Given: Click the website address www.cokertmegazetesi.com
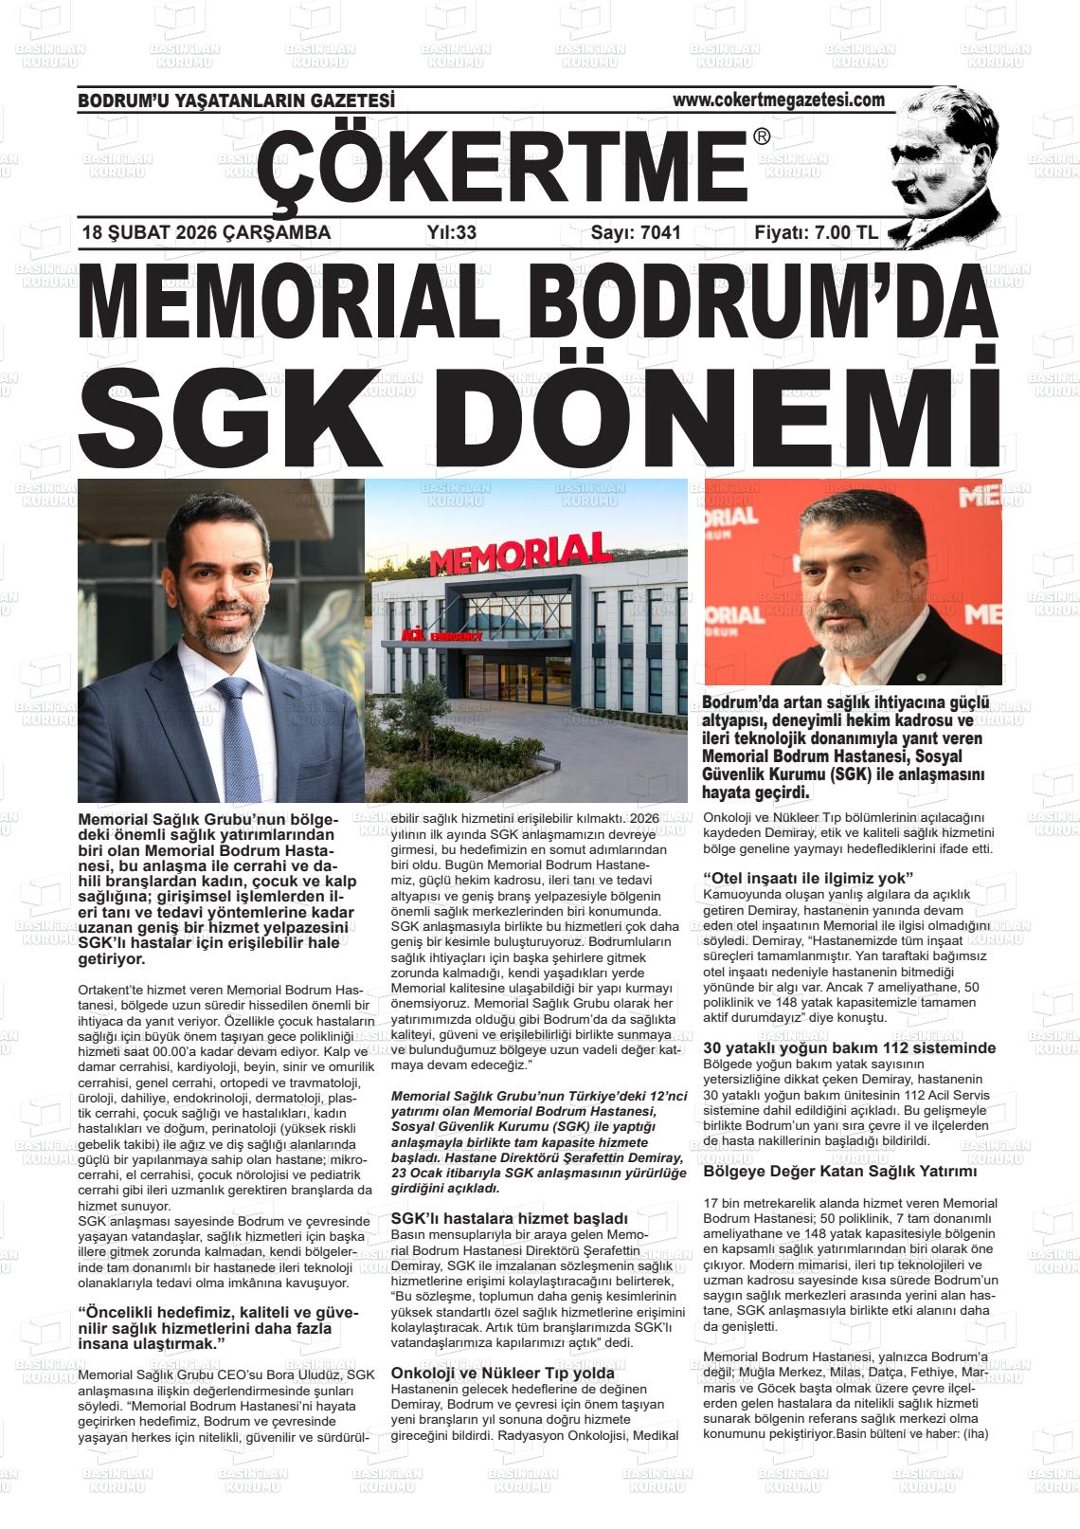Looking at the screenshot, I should pos(778,100).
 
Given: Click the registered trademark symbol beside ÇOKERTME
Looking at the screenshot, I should pos(761,137).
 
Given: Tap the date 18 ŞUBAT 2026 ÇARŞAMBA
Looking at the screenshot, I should pos(207,232).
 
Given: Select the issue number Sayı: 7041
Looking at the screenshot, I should pos(636,232).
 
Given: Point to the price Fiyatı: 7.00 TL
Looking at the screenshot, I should pos(816,232).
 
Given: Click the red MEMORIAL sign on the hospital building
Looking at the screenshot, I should pos(520,555).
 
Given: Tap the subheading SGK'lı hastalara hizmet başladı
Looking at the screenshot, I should pos(509,1218).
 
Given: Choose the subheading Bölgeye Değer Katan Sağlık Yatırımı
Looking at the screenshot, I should pos(839,1172).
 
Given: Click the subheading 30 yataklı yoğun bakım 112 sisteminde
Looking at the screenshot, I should pos(849,1048).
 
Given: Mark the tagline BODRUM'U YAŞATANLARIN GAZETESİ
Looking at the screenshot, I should pos(236,100).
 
